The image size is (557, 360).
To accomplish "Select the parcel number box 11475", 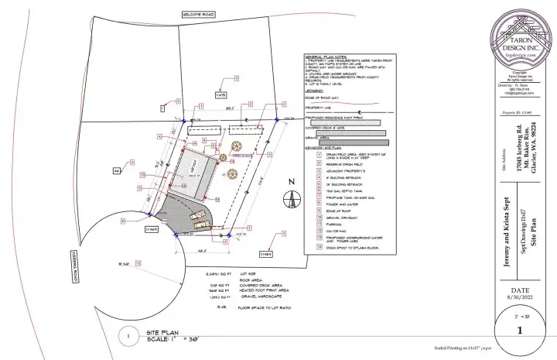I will pyautogui.click(x=220, y=94).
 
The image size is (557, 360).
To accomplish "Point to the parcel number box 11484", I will pyautogui.click(x=265, y=253).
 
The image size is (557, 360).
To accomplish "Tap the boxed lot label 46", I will pyautogui.click(x=118, y=170).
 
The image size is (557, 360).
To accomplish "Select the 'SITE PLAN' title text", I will pyautogui.click(x=165, y=331).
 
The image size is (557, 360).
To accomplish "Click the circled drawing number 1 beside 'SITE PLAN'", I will pyautogui.click(x=127, y=335).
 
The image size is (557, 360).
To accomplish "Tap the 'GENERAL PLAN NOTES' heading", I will pyautogui.click(x=328, y=57).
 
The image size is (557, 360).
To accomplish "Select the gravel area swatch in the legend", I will pyautogui.click(x=349, y=142).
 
